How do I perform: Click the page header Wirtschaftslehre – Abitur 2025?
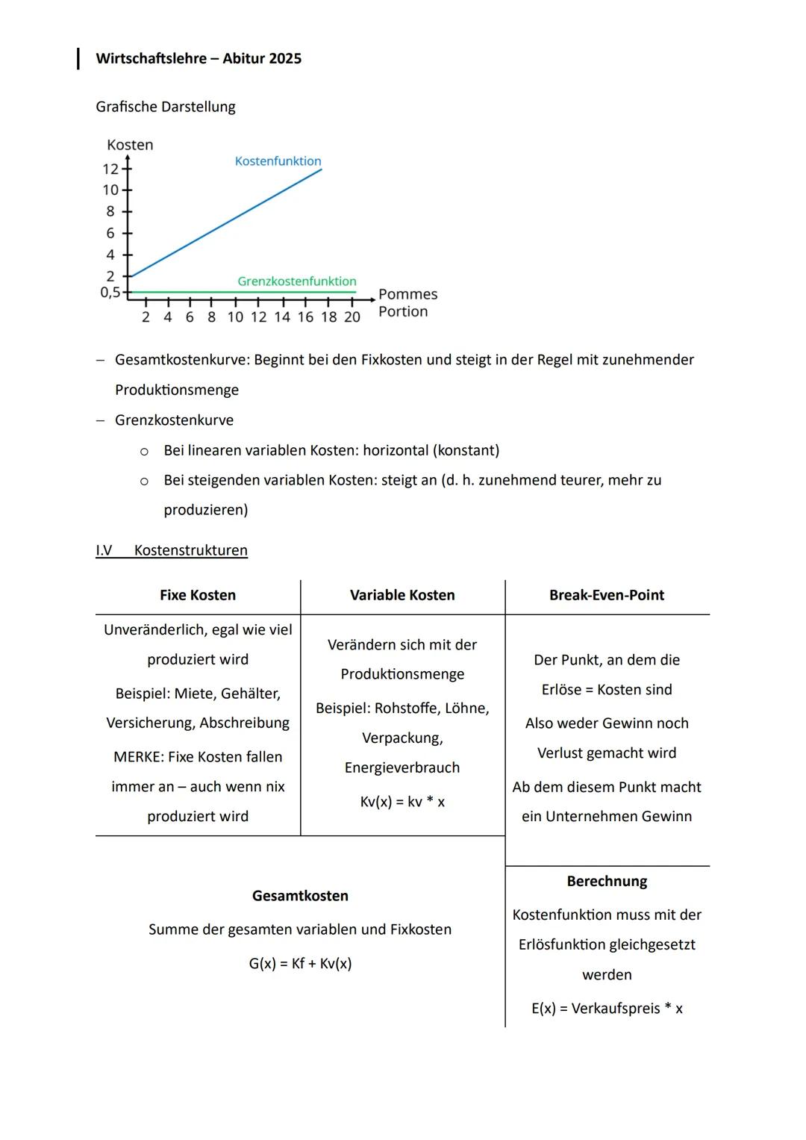coord(199,59)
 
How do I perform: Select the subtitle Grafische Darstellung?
coord(165,107)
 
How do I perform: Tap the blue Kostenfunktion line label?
coord(278,161)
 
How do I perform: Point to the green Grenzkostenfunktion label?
coord(296,281)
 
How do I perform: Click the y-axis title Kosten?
coord(130,145)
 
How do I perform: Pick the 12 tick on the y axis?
coord(110,169)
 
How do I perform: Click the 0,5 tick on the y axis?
coord(110,292)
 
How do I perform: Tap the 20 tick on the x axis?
coord(352,317)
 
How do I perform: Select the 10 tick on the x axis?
coord(235,317)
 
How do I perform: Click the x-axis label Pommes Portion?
coord(407,303)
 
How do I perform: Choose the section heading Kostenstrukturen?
coord(190,550)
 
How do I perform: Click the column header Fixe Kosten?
coord(198,595)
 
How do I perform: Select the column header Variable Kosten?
coord(402,595)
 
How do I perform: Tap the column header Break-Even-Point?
coord(607,595)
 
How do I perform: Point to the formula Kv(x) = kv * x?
coord(402,802)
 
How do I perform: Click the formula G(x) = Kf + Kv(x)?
coord(300,964)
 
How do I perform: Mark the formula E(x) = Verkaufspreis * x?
coord(607,1009)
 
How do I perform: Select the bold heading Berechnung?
coord(607,881)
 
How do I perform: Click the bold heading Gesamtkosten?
coord(300,896)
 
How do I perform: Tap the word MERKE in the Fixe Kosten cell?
coord(138,757)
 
